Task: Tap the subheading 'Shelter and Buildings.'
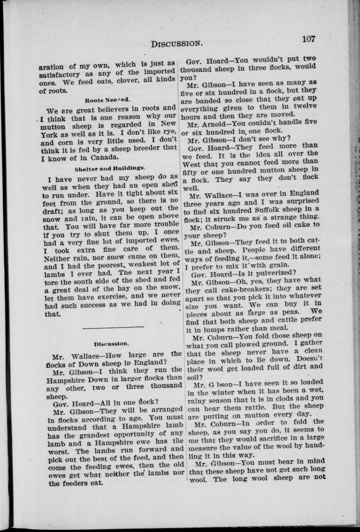(110, 168)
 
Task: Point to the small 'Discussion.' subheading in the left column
(111, 343)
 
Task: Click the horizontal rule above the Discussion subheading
(113, 327)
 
